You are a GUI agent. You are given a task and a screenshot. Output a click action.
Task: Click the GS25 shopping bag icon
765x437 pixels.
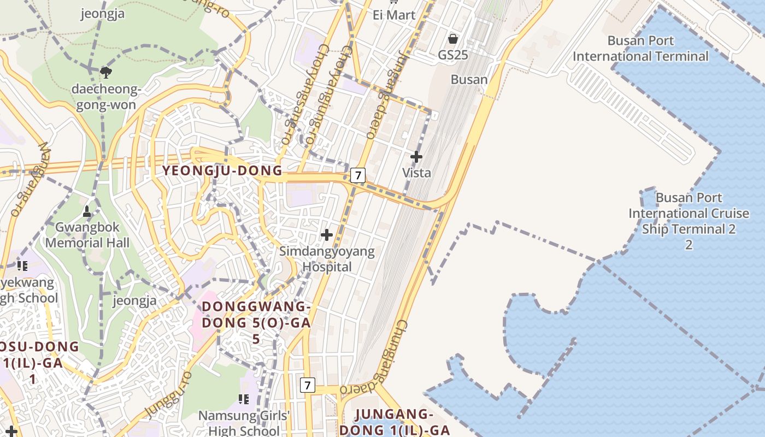pos(452,39)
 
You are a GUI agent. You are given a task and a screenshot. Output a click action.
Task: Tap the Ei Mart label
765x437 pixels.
pos(394,15)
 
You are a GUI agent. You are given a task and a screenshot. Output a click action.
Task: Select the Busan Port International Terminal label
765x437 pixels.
pos(640,49)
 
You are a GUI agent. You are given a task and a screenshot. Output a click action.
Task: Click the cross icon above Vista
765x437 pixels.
pos(416,157)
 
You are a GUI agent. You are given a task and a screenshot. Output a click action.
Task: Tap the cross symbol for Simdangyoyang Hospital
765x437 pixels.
pos(327,235)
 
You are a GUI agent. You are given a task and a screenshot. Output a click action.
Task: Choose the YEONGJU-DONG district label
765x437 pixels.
pos(222,171)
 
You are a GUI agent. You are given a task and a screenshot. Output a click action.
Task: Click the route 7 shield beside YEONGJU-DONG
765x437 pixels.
pos(357,175)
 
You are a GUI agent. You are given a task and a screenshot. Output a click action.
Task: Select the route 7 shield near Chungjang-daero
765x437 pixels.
pos(308,385)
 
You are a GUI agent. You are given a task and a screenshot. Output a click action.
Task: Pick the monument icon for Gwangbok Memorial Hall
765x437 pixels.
pos(87,211)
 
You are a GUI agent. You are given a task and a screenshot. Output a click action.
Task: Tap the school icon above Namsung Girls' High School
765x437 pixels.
pos(244,399)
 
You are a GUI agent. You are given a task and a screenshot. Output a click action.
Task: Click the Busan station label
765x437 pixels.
pos(469,79)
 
